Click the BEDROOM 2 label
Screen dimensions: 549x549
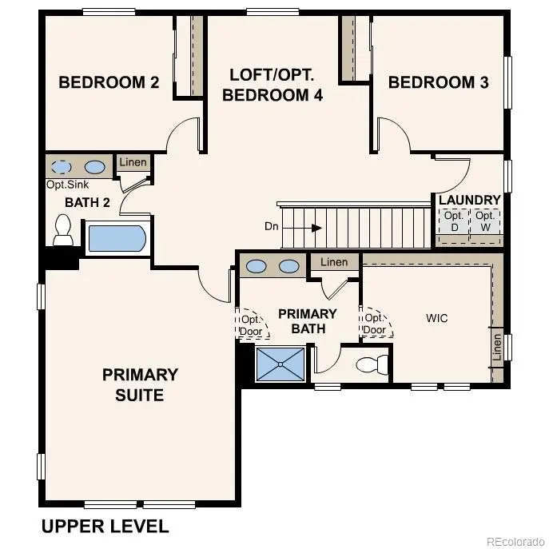click(109, 82)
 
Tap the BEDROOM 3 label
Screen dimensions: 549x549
click(438, 82)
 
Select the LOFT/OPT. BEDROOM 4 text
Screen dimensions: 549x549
click(272, 85)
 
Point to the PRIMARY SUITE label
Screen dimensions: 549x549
click(140, 384)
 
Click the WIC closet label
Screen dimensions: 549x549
click(436, 318)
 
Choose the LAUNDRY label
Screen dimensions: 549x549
click(469, 200)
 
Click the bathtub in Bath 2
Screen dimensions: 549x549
click(117, 238)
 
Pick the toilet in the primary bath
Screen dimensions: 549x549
click(372, 365)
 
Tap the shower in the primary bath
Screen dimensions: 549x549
click(280, 364)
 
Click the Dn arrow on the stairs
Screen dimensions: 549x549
click(316, 228)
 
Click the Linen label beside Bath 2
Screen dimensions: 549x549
click(133, 163)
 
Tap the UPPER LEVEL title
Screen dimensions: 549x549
click(105, 526)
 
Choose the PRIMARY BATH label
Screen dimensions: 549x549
click(307, 320)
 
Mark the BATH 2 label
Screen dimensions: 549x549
click(87, 202)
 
